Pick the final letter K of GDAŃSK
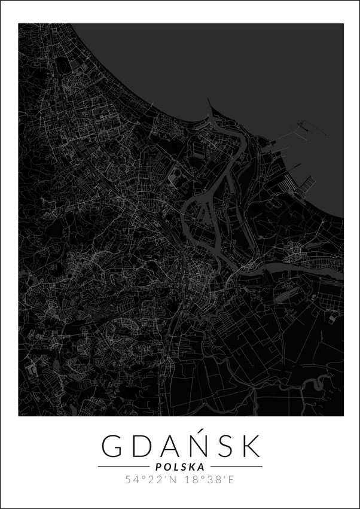(251, 446)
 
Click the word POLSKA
(179, 467)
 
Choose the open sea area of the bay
(239, 60)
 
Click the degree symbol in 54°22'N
(144, 477)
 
